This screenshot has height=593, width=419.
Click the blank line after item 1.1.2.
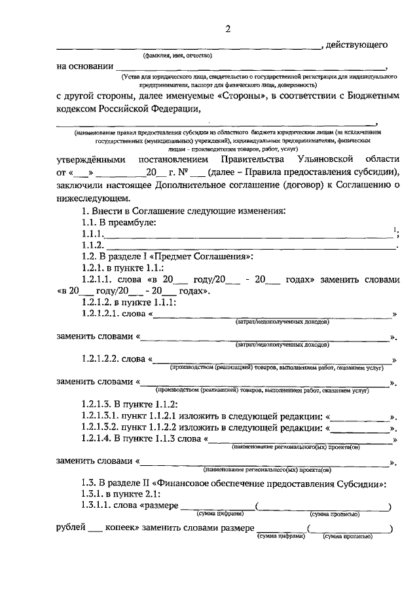(249, 247)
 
